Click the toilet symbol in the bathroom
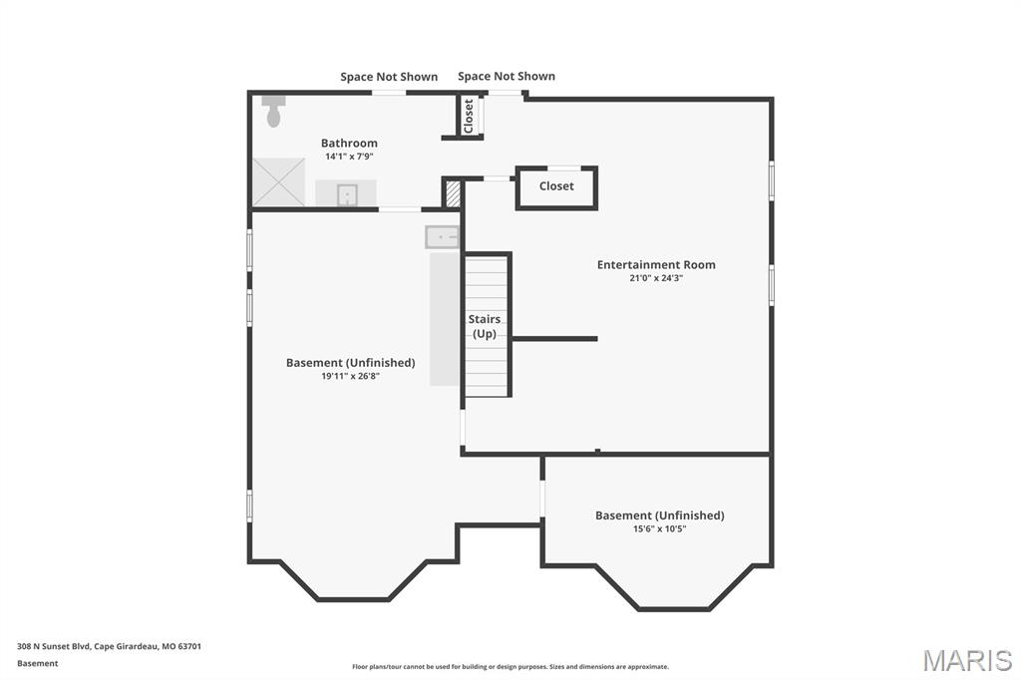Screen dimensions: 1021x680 274,112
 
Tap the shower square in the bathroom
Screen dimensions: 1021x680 279,182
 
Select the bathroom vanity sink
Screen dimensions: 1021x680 347,194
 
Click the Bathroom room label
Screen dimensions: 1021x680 349,144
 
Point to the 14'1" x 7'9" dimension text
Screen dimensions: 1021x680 349,157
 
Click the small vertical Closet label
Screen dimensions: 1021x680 469,116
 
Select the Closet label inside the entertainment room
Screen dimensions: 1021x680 556,186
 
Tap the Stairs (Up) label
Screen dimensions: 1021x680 485,326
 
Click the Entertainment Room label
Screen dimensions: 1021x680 656,264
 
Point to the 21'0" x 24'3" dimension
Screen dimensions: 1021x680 656,278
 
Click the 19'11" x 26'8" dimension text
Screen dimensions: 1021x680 350,376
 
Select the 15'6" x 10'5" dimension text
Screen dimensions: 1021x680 660,528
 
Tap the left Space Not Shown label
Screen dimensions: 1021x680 389,77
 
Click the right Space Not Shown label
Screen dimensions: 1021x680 507,76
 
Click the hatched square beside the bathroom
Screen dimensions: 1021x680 453,193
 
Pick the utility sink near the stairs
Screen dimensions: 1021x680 442,237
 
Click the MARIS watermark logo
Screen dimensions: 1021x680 967,660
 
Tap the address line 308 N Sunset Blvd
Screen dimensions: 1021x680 109,647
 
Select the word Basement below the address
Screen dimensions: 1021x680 38,664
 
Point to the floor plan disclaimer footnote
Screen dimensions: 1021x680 510,667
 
